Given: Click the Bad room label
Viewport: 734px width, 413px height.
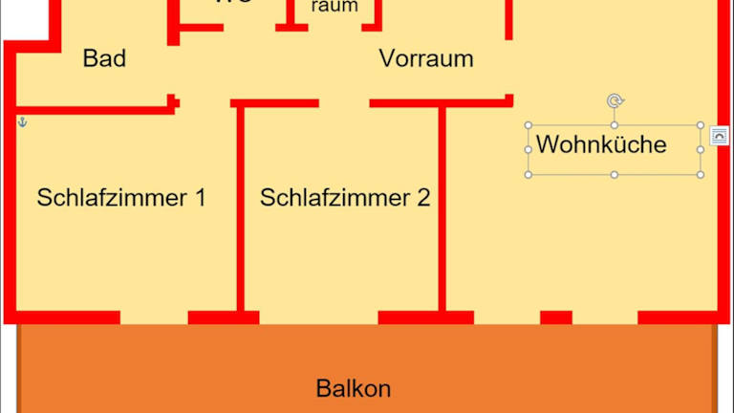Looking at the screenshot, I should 104,58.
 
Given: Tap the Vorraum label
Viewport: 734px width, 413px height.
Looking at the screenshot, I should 426,58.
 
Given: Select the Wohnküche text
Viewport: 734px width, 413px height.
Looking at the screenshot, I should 600,145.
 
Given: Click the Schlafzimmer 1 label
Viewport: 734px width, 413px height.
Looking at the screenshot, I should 121,198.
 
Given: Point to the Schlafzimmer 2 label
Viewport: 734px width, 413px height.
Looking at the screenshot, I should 345,198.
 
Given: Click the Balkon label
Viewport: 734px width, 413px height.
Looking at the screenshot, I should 354,389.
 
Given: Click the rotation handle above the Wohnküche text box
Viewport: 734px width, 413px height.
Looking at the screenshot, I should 614,100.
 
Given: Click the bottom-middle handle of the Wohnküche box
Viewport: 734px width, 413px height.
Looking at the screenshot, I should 614,175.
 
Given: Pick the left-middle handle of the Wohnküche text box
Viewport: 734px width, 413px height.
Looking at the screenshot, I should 528,150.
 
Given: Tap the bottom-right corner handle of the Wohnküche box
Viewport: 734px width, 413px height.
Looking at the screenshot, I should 701,175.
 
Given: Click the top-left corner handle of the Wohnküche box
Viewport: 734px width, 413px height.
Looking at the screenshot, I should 528,125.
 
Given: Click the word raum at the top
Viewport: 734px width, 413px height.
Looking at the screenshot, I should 335,7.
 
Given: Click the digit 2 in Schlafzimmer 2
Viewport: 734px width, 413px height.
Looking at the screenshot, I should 423,198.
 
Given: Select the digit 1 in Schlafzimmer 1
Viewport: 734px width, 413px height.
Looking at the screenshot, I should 199,198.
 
